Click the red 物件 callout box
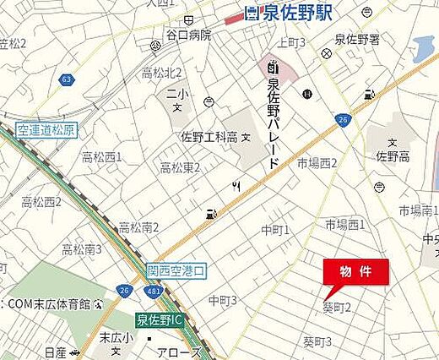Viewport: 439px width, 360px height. coord(356,272)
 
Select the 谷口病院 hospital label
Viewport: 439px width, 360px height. coord(188,35)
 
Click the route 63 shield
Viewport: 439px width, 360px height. coord(66,79)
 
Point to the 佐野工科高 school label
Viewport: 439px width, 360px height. coord(208,136)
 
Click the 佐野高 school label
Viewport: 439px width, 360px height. coord(392,155)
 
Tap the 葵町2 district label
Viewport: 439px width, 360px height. coord(337,308)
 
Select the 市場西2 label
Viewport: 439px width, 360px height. coord(317,163)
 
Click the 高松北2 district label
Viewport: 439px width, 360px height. coord(162,73)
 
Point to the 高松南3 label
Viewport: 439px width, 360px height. coord(81,249)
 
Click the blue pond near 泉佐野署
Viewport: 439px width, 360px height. coord(423,49)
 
